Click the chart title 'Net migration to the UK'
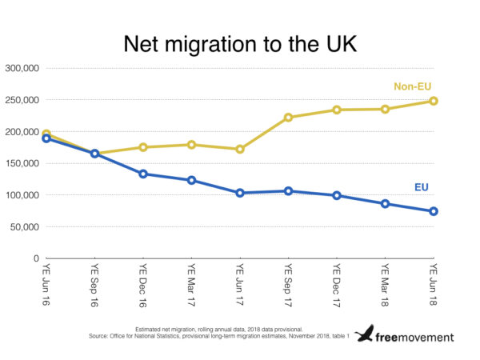[239, 46]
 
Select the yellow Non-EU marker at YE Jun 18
[433, 101]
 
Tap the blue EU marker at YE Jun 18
[433, 211]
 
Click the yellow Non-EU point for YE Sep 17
[288, 118]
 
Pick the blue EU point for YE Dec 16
[143, 174]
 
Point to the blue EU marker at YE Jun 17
[240, 193]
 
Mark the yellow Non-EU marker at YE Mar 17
[191, 145]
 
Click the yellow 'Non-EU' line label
[413, 86]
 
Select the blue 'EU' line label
[421, 188]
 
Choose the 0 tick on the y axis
[36, 258]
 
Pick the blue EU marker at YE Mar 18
[385, 203]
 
